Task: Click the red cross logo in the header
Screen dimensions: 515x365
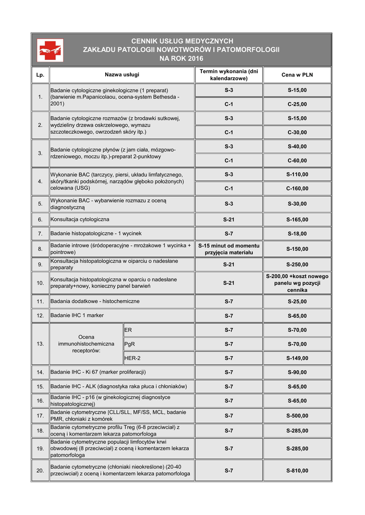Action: (50, 50)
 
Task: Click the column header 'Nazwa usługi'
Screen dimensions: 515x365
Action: (122, 75)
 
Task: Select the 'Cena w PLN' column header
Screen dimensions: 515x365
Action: (297, 75)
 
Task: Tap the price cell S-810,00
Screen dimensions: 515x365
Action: (297, 471)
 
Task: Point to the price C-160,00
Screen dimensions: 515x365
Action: (297, 189)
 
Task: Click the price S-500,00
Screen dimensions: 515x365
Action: (297, 416)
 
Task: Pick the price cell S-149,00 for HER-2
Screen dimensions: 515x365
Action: (297, 359)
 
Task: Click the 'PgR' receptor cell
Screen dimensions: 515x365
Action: (130, 345)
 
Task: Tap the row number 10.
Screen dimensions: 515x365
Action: (40, 283)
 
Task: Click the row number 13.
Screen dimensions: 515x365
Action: (40, 344)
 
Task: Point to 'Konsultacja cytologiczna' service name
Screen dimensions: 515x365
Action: (80, 220)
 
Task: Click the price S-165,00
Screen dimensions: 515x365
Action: (297, 220)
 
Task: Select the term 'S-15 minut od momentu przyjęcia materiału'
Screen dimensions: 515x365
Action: (229, 249)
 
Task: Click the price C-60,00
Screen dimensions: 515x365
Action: (297, 160)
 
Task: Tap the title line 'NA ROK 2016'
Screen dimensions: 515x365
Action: (181, 59)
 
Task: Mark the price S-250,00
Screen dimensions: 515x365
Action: (297, 265)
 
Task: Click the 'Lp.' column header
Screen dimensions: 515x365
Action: (40, 75)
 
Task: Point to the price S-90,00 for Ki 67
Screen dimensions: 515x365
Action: (297, 373)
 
